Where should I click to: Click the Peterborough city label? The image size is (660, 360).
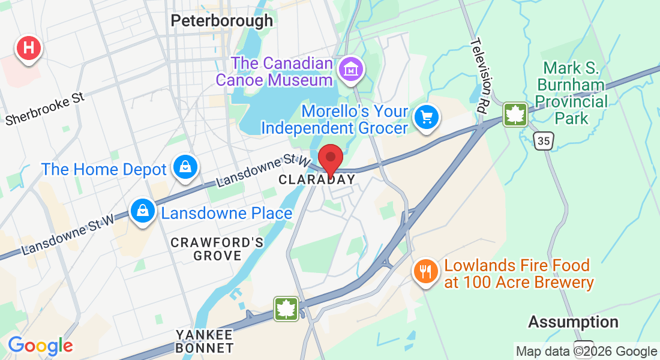click(x=221, y=21)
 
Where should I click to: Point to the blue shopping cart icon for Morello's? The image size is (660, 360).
click(x=427, y=117)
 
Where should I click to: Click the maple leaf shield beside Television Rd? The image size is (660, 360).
click(x=515, y=114)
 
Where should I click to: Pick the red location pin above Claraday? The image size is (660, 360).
click(x=330, y=160)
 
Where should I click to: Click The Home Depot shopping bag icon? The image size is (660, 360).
click(x=185, y=169)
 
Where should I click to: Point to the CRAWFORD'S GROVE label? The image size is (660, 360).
click(x=217, y=249)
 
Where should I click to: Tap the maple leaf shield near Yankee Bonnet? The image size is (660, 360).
click(x=287, y=309)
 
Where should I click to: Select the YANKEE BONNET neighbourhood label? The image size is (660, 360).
click(x=204, y=341)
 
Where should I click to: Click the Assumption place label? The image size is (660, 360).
click(x=573, y=322)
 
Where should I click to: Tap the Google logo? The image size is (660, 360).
click(x=40, y=346)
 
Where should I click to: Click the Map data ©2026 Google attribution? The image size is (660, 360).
click(x=586, y=352)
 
